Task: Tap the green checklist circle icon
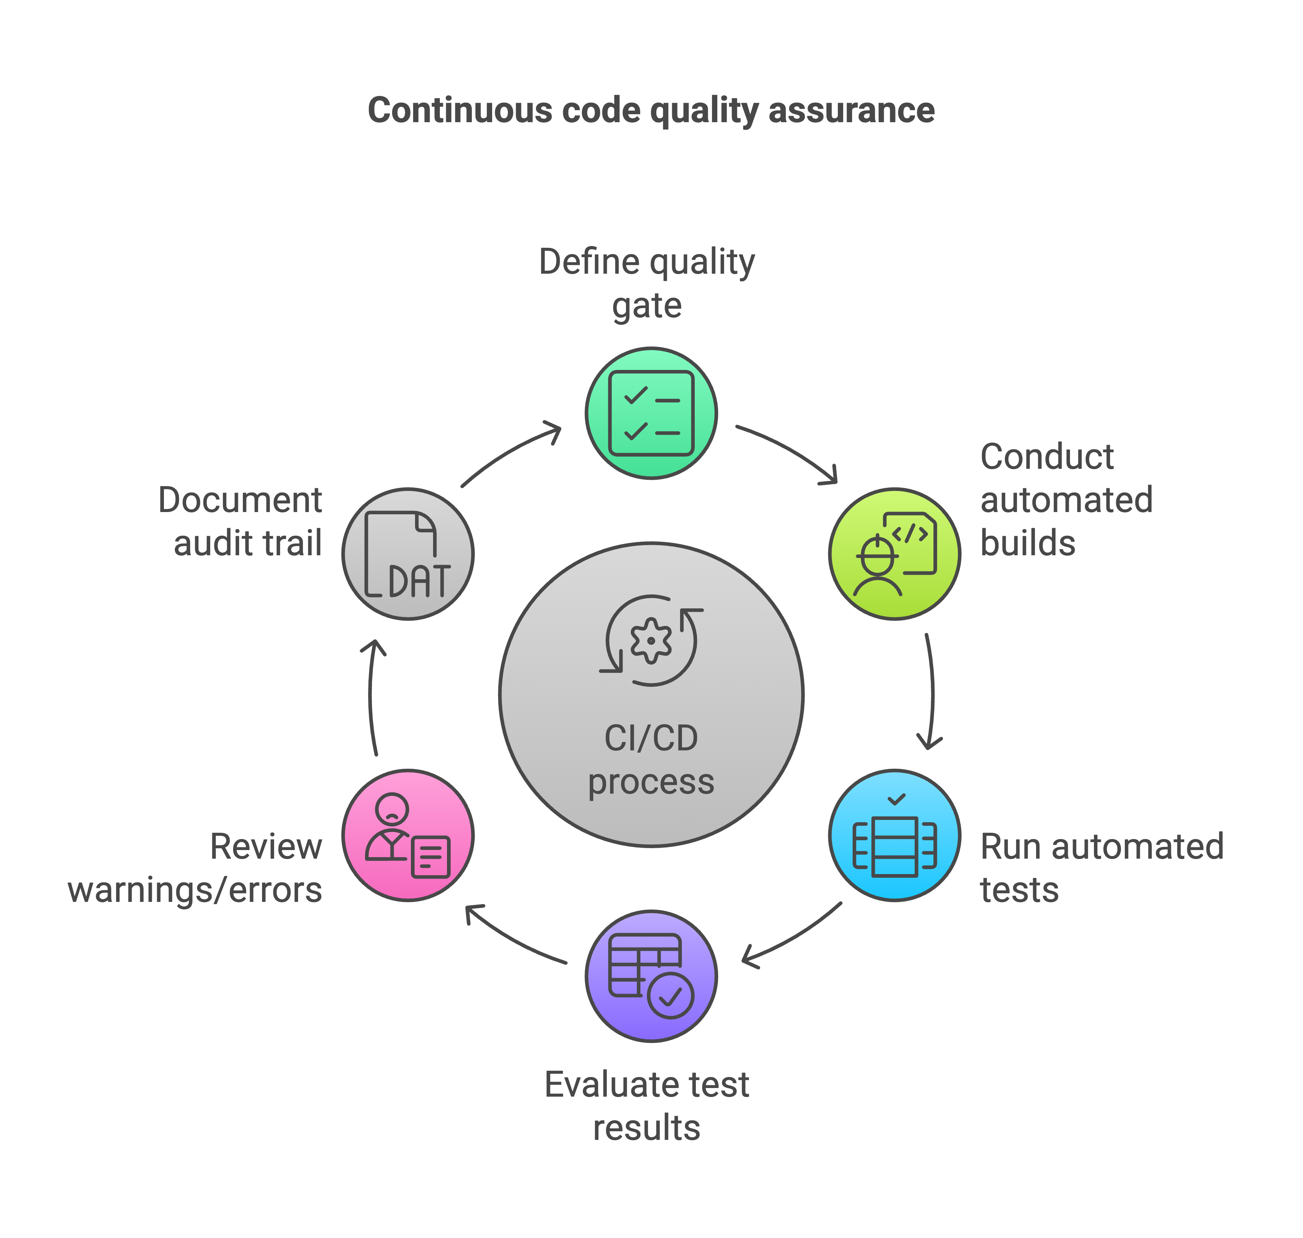point(651,413)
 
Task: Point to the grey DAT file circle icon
point(408,554)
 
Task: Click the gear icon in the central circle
point(651,640)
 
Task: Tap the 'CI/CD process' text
point(651,759)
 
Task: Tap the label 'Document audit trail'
point(241,521)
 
